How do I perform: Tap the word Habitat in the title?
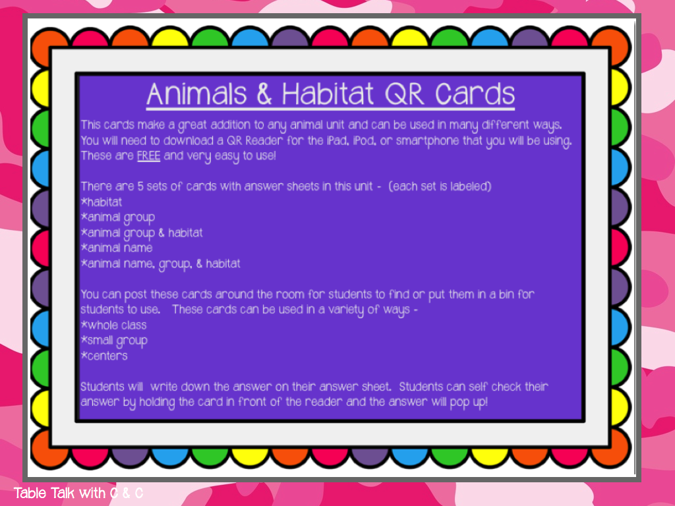pyautogui.click(x=330, y=95)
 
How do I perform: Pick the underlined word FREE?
pyautogui.click(x=148, y=156)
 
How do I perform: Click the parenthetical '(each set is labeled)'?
pyautogui.click(x=440, y=186)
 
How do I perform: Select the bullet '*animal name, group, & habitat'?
pyautogui.click(x=160, y=264)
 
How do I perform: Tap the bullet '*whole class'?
pyautogui.click(x=113, y=325)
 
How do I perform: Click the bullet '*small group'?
pyautogui.click(x=113, y=341)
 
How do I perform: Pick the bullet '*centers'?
pyautogui.click(x=104, y=356)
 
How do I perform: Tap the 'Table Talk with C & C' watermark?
pyautogui.click(x=78, y=493)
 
